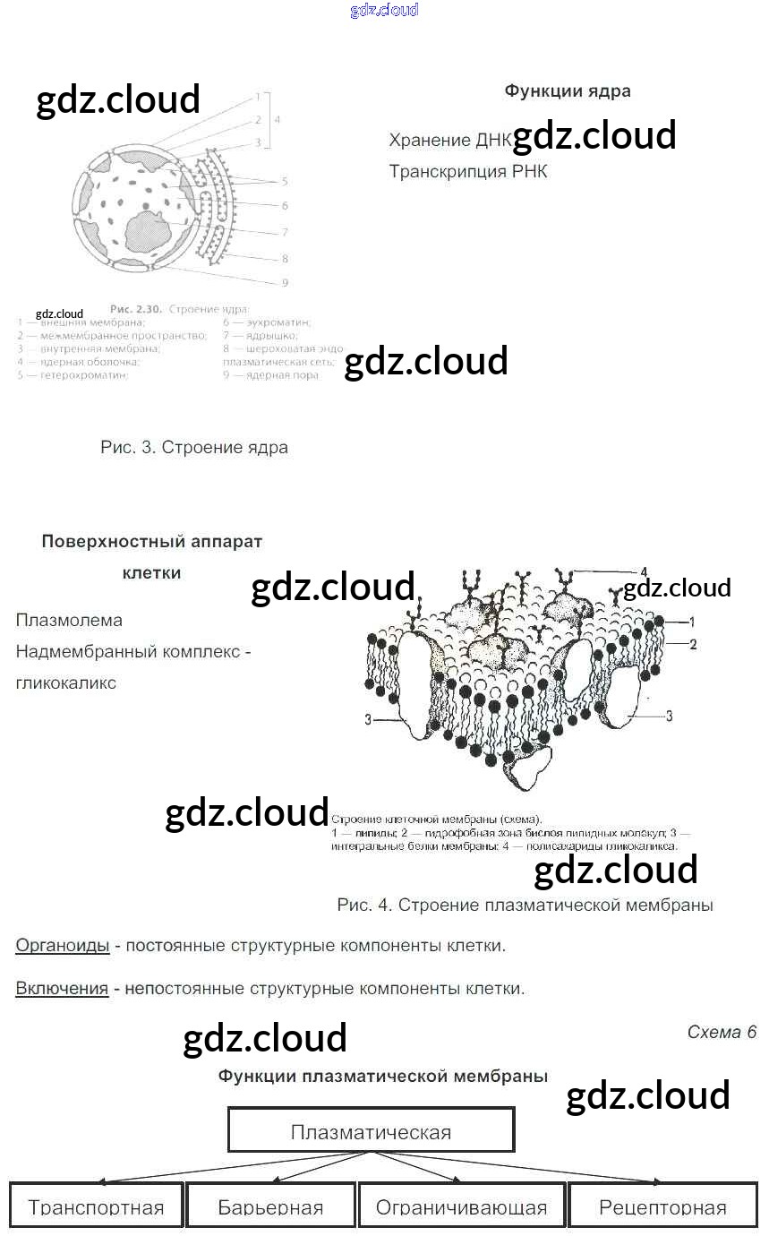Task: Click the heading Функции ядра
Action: coord(567,90)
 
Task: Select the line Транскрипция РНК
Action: coord(467,171)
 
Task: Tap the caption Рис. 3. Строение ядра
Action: coord(194,447)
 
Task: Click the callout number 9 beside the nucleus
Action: coord(284,283)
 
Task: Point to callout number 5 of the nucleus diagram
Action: coord(284,182)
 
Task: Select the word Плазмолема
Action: coord(69,620)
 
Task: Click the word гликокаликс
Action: coord(66,682)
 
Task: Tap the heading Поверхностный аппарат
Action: coord(152,541)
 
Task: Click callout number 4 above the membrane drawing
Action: coord(643,571)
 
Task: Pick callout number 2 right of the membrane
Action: coord(692,643)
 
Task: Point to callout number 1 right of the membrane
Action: coord(692,621)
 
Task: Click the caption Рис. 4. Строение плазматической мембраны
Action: coord(525,905)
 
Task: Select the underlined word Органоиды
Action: coord(63,945)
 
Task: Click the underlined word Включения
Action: coord(62,989)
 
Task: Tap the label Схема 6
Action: coord(722,1032)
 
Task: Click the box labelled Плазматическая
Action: coord(371,1130)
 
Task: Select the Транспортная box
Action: coord(96,1205)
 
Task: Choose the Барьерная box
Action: coord(270,1205)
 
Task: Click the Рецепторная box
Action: coord(662,1205)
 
